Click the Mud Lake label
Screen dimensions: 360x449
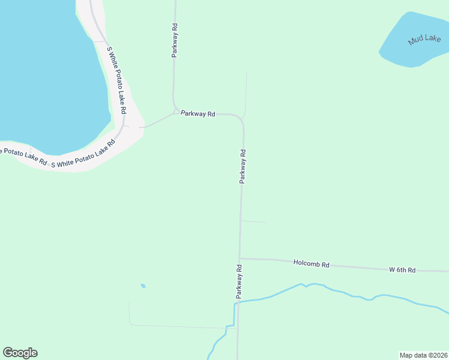point(424,40)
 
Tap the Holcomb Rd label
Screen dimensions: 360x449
point(312,263)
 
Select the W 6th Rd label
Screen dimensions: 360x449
point(402,270)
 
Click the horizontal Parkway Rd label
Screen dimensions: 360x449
point(198,113)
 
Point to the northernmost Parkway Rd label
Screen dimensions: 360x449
point(175,40)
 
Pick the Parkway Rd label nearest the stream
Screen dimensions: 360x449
point(239,281)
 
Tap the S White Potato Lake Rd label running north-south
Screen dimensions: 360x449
point(116,80)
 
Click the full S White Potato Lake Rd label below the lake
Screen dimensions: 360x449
point(83,154)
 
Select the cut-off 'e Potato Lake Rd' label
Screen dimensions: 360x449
point(23,155)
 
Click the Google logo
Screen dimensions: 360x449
point(20,353)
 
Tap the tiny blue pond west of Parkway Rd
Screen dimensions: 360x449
point(143,286)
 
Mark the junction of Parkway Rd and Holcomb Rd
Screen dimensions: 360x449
point(240,259)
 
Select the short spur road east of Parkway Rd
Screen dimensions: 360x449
point(253,221)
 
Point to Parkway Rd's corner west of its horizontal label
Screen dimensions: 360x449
point(175,111)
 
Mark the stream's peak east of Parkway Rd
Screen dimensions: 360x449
point(301,284)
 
